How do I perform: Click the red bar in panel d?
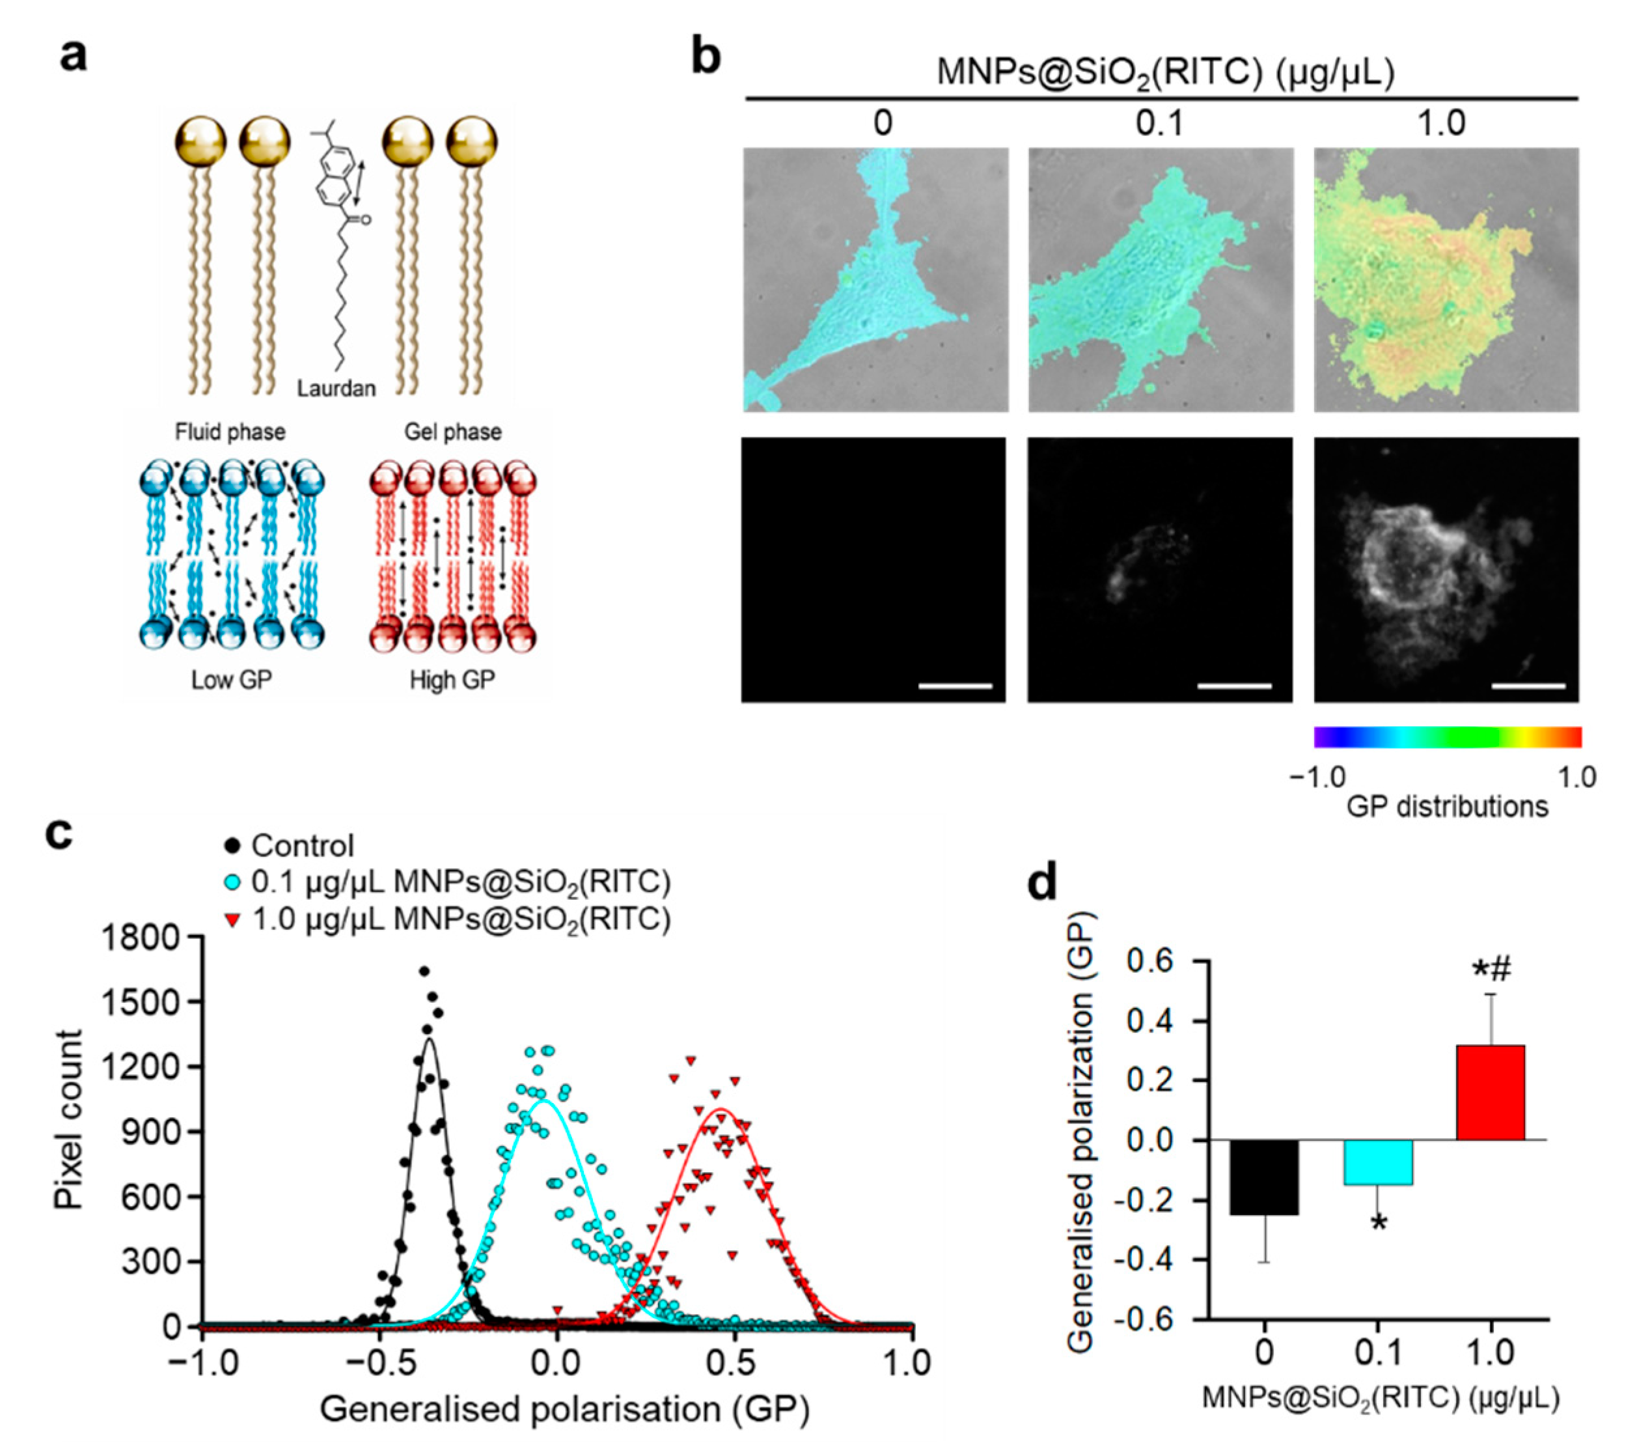[1490, 1092]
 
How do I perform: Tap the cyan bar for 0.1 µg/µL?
[1377, 1162]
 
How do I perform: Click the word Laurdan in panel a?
[336, 389]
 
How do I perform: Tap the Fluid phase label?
[230, 432]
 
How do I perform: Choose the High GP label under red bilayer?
[452, 680]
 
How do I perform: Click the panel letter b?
[705, 58]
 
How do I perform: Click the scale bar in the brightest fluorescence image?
[1529, 686]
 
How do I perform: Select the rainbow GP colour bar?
[1446, 737]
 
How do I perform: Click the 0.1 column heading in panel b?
[1160, 123]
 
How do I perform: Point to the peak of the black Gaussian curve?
[430, 1039]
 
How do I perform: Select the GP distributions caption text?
[1446, 807]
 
